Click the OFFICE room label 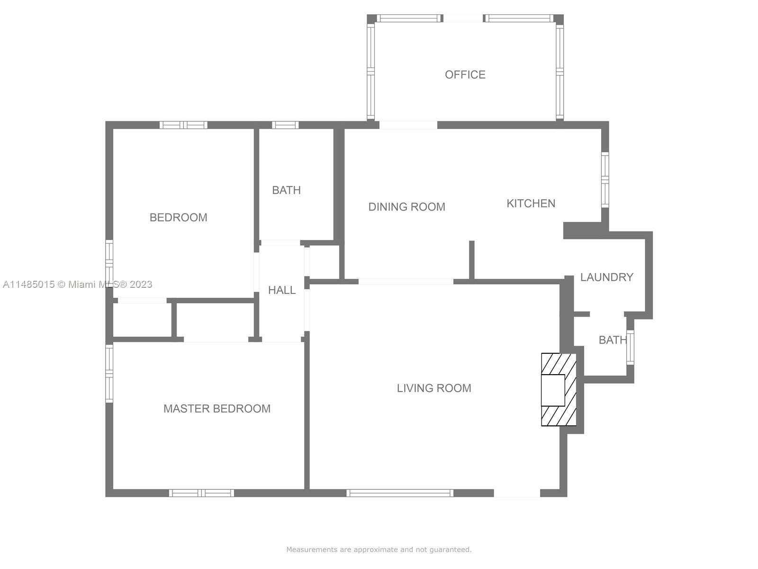click(x=465, y=74)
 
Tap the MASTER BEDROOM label click(x=217, y=409)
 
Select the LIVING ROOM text click(x=434, y=388)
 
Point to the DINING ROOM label click(x=407, y=207)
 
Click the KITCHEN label click(x=531, y=203)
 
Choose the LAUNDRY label click(x=607, y=277)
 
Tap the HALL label click(x=282, y=290)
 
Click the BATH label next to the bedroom click(x=286, y=190)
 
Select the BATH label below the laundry click(x=613, y=340)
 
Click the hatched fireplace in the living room click(x=559, y=389)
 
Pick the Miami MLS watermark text click(x=77, y=284)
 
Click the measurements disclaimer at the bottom click(x=379, y=549)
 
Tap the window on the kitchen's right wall click(x=605, y=180)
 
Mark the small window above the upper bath click(x=285, y=125)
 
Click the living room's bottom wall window click(x=400, y=493)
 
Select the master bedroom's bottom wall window click(x=201, y=493)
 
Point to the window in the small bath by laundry click(x=630, y=347)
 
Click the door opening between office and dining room click(x=408, y=125)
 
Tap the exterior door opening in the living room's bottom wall click(x=517, y=493)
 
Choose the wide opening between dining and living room click(x=406, y=282)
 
